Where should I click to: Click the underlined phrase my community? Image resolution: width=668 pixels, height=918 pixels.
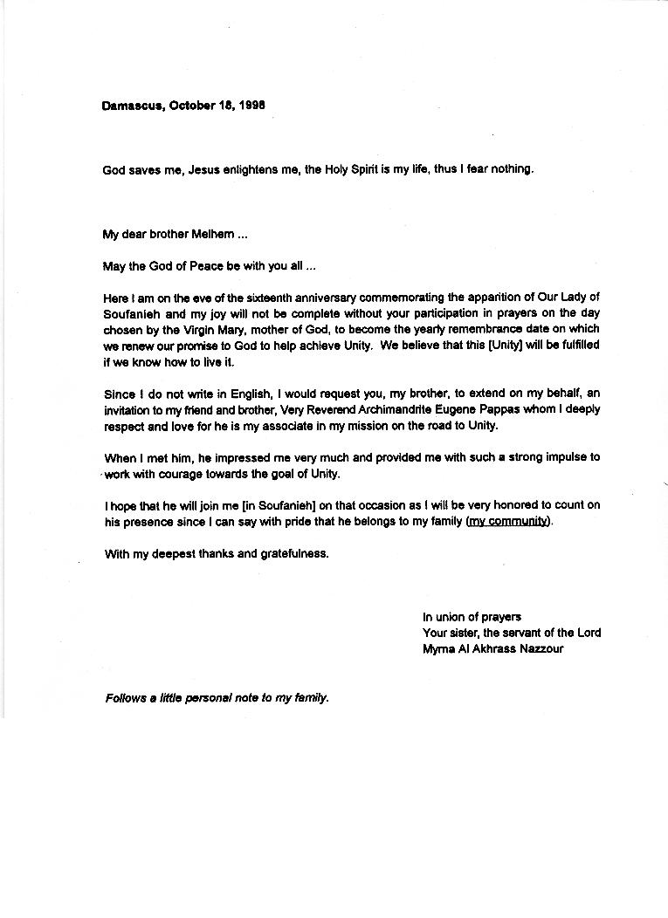pyautogui.click(x=508, y=522)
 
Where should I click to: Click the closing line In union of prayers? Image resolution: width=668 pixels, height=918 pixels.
pyautogui.click(x=472, y=617)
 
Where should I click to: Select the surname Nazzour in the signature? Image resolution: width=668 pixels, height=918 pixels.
pyautogui.click(x=541, y=648)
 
